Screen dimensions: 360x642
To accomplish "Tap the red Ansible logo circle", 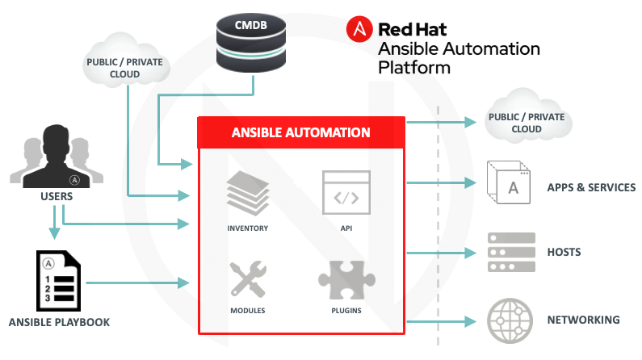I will pyautogui.click(x=359, y=30).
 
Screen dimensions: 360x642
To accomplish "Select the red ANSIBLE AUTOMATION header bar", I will pyautogui.click(x=301, y=132).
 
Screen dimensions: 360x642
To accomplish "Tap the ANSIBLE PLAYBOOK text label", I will pyautogui.click(x=59, y=322).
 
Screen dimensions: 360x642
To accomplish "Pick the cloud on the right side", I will pyautogui.click(x=527, y=123).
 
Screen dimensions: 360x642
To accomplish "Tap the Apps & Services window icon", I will pyautogui.click(x=509, y=183).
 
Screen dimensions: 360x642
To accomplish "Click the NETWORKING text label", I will pyautogui.click(x=584, y=320).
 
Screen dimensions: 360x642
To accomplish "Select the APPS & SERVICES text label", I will pyautogui.click(x=591, y=187).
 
